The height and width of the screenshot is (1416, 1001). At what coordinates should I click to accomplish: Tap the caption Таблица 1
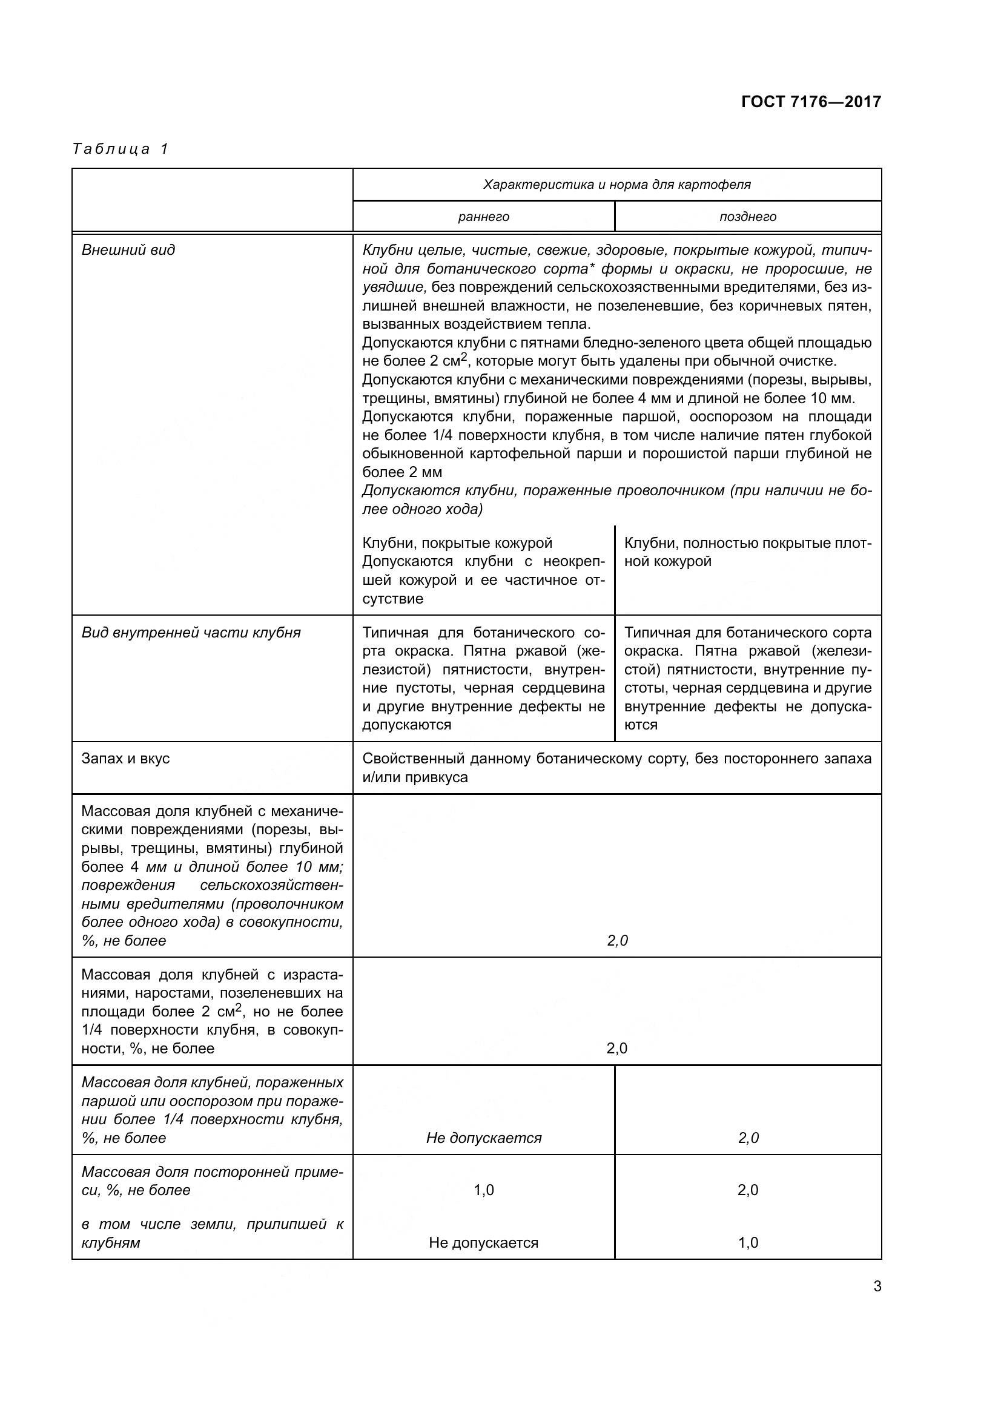pyautogui.click(x=121, y=149)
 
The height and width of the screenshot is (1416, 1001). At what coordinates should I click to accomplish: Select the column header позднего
pyautogui.click(x=747, y=217)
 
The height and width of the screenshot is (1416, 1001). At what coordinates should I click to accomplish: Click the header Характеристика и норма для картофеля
pyautogui.click(x=616, y=185)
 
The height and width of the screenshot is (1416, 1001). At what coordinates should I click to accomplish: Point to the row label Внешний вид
pyautogui.click(x=128, y=250)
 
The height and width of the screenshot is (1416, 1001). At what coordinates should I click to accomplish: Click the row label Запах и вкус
pyautogui.click(x=125, y=758)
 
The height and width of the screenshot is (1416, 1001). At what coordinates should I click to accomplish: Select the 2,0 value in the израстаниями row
pyautogui.click(x=616, y=1049)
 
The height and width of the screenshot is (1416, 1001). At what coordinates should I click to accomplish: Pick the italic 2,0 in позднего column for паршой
pyautogui.click(x=747, y=1138)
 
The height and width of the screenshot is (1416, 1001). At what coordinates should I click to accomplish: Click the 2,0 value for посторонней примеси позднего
pyautogui.click(x=747, y=1190)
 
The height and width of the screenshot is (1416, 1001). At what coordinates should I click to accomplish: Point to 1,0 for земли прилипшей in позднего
pyautogui.click(x=747, y=1243)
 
